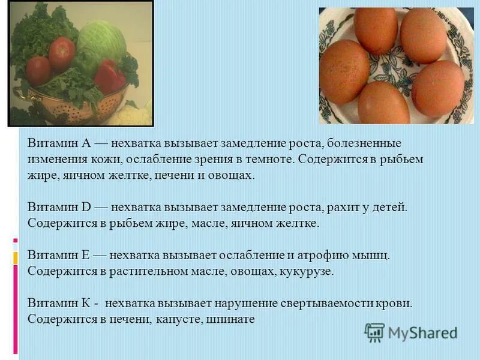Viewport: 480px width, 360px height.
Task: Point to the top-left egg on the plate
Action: [x=376, y=29]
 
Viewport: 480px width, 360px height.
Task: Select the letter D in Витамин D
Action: [x=85, y=207]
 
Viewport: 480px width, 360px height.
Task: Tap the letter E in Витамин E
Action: [x=85, y=255]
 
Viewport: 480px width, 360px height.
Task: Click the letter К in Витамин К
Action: [x=85, y=303]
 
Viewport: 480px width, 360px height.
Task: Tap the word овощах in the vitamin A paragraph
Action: [x=232, y=175]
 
